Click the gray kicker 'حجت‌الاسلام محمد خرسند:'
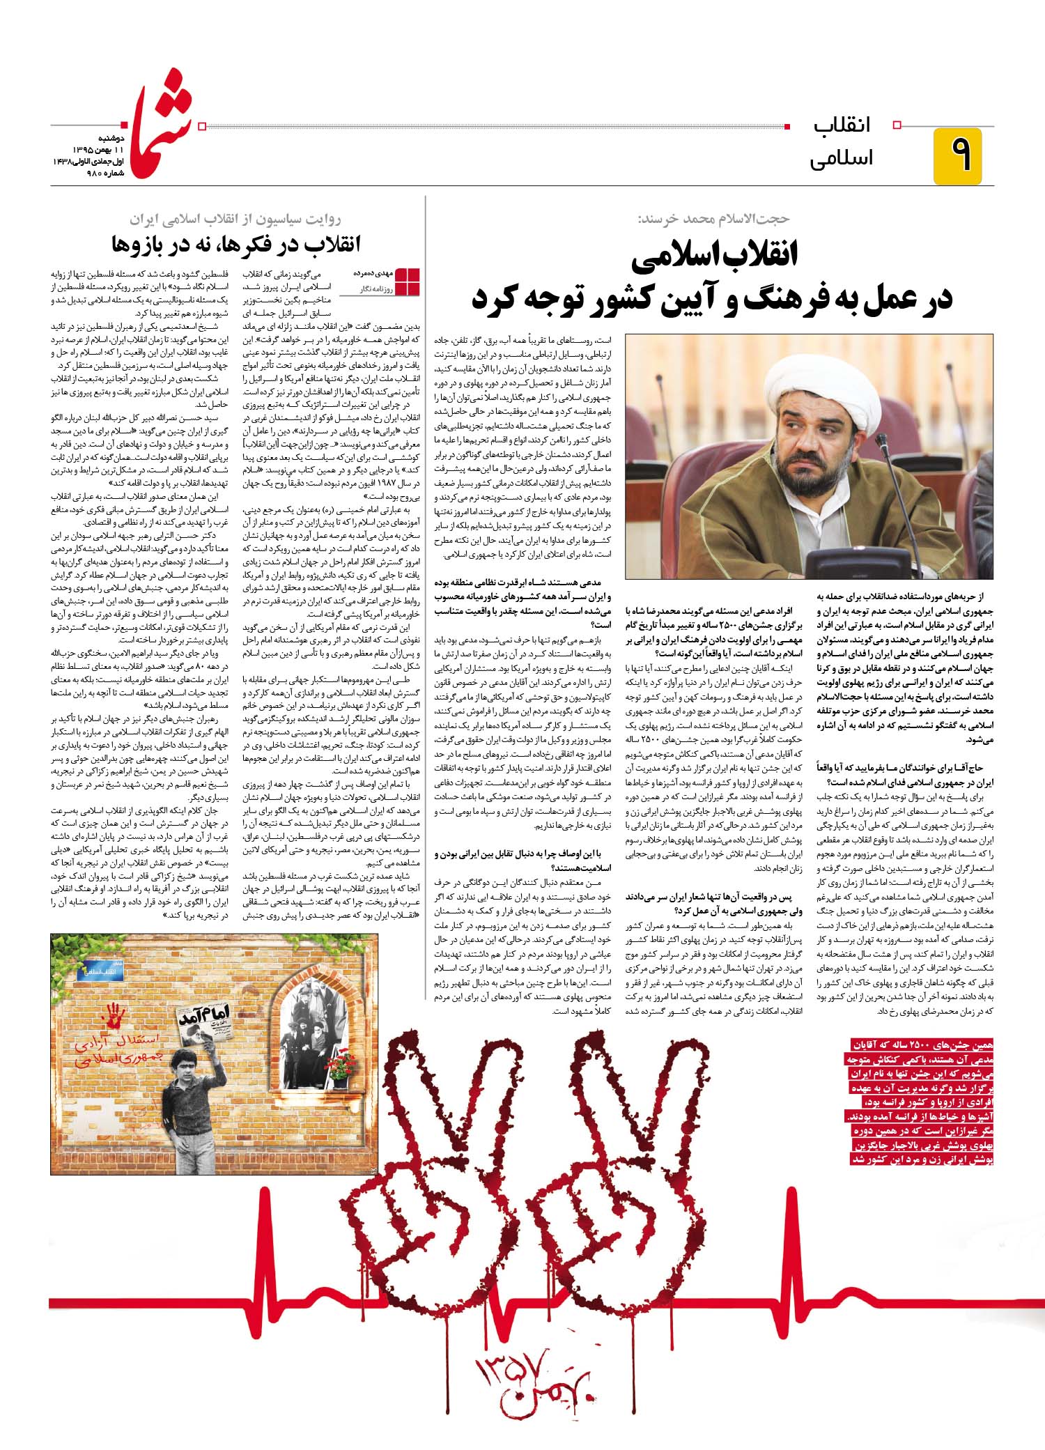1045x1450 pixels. click(x=713, y=218)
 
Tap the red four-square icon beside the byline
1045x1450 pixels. click(x=409, y=280)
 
